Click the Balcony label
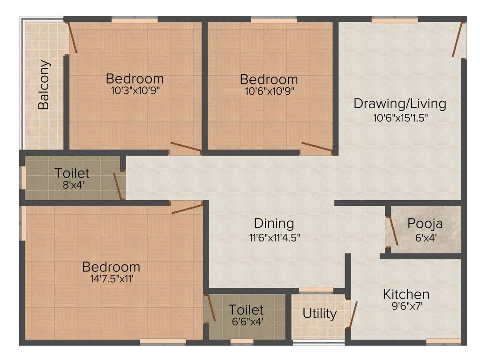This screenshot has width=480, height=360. click(x=44, y=85)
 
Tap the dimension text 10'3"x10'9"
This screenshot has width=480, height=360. click(x=135, y=90)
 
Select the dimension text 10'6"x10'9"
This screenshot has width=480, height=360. click(x=269, y=91)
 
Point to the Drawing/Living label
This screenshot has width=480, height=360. click(x=399, y=103)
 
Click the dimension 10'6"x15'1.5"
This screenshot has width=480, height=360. click(x=400, y=118)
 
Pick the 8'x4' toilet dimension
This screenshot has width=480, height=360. click(x=72, y=184)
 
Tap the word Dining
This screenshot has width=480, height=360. click(x=274, y=223)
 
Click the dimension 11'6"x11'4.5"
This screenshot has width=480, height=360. click(x=274, y=237)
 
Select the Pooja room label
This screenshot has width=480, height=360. click(x=425, y=223)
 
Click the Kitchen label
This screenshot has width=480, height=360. click(x=406, y=294)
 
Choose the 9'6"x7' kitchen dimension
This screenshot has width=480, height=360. click(x=406, y=307)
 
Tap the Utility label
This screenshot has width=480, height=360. click(x=319, y=313)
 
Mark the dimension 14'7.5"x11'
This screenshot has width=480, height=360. click(x=111, y=280)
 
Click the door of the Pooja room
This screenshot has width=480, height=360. click(x=393, y=231)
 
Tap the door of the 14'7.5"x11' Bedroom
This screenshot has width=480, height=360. click(x=187, y=209)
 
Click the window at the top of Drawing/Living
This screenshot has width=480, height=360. click(x=394, y=20)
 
